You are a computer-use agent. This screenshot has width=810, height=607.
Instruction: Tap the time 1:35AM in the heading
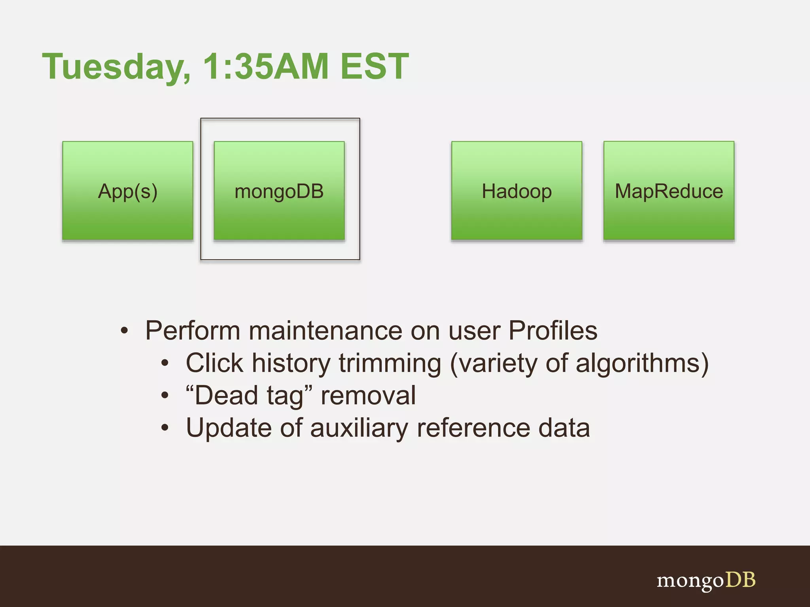(x=265, y=66)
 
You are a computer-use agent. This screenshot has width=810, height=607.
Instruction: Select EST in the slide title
(x=374, y=66)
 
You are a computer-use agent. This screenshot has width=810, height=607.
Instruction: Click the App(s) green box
(x=128, y=191)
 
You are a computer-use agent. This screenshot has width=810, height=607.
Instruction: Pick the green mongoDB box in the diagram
(x=279, y=191)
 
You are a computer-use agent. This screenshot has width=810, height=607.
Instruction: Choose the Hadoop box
(x=517, y=191)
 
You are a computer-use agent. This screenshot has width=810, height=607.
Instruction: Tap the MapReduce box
(x=669, y=191)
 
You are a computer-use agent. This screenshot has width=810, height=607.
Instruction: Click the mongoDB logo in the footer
(x=706, y=581)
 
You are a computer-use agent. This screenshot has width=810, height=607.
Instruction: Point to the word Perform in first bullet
(x=193, y=330)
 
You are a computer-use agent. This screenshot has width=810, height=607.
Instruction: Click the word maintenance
(x=325, y=330)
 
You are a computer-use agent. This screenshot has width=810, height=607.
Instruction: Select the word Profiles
(x=553, y=330)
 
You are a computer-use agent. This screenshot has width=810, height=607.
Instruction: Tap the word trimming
(x=390, y=363)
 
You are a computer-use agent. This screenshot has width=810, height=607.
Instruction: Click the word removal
(x=368, y=396)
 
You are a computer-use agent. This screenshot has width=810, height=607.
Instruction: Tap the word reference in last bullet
(x=473, y=428)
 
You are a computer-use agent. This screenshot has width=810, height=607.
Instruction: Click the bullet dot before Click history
(x=165, y=363)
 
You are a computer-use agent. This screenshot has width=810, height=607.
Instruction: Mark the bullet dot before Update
(x=165, y=428)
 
